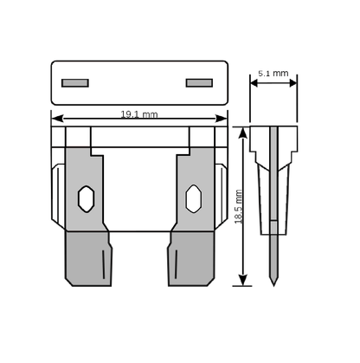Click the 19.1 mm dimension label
[x=139, y=114]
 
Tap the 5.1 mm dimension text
[x=273, y=74]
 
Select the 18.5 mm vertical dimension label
[x=238, y=206]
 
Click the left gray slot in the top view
[x=75, y=83]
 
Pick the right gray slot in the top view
[x=199, y=83]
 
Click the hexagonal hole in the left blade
[x=86, y=199]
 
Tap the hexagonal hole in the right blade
[x=194, y=199]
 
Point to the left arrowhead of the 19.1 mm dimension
[x=57, y=119]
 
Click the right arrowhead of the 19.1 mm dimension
[x=222, y=119]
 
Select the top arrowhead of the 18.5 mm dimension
[x=243, y=133]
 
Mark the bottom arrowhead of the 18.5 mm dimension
[x=243, y=280]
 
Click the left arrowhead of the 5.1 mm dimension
[x=254, y=83]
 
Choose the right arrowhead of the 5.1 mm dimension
[x=293, y=83]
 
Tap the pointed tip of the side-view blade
[x=273, y=286]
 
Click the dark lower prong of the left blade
[x=88, y=259]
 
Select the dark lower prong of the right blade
[x=191, y=259]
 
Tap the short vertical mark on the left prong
[x=104, y=264]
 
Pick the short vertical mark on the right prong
[x=176, y=264]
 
